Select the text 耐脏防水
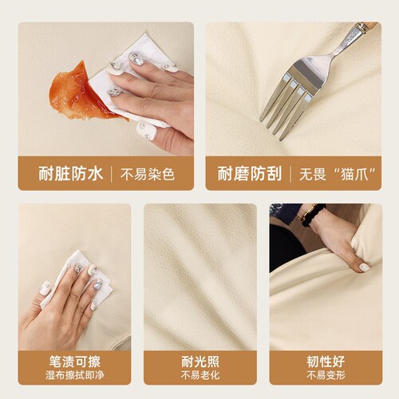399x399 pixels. [x=70, y=174]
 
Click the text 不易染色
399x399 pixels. [x=148, y=175]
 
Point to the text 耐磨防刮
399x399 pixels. [x=250, y=174]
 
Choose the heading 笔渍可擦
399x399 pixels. [x=75, y=361]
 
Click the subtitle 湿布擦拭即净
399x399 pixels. [x=75, y=375]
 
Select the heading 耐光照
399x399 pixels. [x=200, y=361]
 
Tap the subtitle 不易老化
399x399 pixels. [x=200, y=375]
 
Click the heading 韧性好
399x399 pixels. [x=326, y=361]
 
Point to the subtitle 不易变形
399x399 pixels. [x=326, y=375]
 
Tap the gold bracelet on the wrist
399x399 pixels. [x=306, y=213]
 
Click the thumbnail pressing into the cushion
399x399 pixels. [x=365, y=267]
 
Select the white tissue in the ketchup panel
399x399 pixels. [x=133, y=80]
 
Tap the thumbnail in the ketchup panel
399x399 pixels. [x=146, y=131]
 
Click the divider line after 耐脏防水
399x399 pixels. [x=112, y=174]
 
